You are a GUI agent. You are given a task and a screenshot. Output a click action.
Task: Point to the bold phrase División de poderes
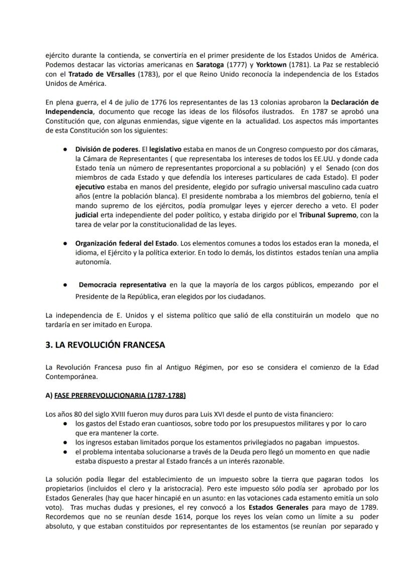coord(107,149)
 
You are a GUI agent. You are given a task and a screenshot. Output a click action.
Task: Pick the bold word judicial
coord(87,215)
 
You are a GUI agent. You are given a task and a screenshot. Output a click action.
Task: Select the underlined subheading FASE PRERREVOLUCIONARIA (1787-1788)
coord(119,396)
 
